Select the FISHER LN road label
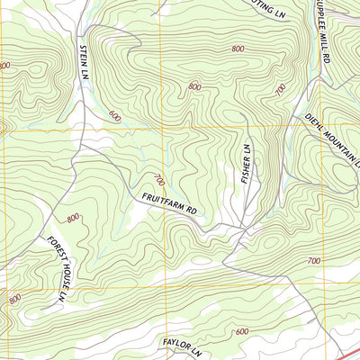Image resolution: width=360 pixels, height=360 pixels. click(x=245, y=164)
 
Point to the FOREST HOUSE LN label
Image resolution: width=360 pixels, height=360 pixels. click(x=58, y=267)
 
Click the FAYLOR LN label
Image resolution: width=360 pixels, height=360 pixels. click(x=183, y=343)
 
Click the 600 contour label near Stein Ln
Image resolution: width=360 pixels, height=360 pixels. click(x=114, y=115)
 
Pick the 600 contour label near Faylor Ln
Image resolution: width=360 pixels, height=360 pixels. click(x=241, y=331)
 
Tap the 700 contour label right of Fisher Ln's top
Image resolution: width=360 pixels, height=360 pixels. click(x=281, y=89)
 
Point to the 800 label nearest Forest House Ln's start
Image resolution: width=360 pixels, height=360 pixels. click(x=73, y=218)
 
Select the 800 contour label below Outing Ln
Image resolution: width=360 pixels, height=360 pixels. click(x=238, y=49)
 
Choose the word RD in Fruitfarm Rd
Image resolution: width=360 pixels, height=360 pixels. click(x=191, y=211)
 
